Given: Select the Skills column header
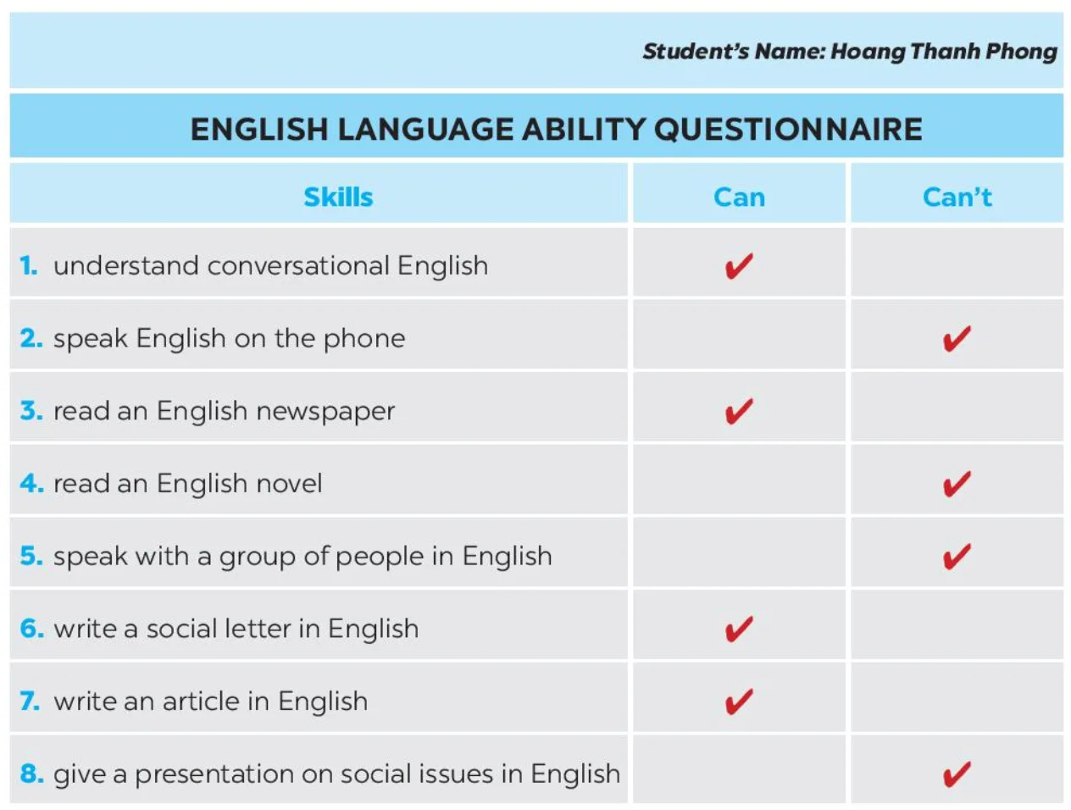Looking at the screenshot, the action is (337, 197).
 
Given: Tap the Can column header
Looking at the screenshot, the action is (739, 197).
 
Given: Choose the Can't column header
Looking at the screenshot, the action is (957, 197).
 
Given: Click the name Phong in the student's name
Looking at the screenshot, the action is (1020, 52).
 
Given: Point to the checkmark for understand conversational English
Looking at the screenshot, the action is (739, 265).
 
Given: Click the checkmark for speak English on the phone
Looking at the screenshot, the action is (957, 338).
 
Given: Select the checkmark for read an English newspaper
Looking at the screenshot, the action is (739, 411).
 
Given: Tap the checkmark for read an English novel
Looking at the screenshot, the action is (957, 484).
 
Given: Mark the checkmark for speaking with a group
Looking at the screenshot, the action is (957, 557).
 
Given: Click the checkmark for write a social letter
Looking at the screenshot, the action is (739, 629).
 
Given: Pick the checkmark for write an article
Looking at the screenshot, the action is (739, 702).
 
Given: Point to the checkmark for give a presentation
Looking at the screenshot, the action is (957, 774).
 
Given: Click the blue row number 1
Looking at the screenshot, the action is (28, 266).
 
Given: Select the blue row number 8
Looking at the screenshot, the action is (31, 774).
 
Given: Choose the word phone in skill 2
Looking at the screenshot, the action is (364, 339).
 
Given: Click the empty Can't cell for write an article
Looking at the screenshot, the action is (957, 696).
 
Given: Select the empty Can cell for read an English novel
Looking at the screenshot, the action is (739, 480).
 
